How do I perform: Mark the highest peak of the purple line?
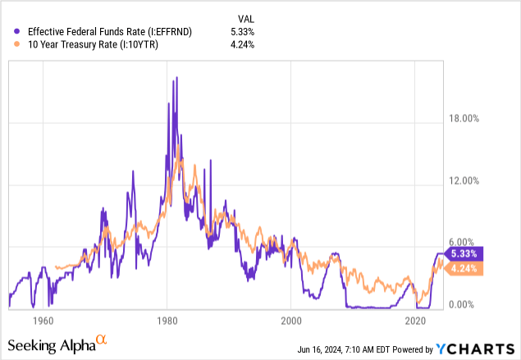(x=176, y=78)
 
